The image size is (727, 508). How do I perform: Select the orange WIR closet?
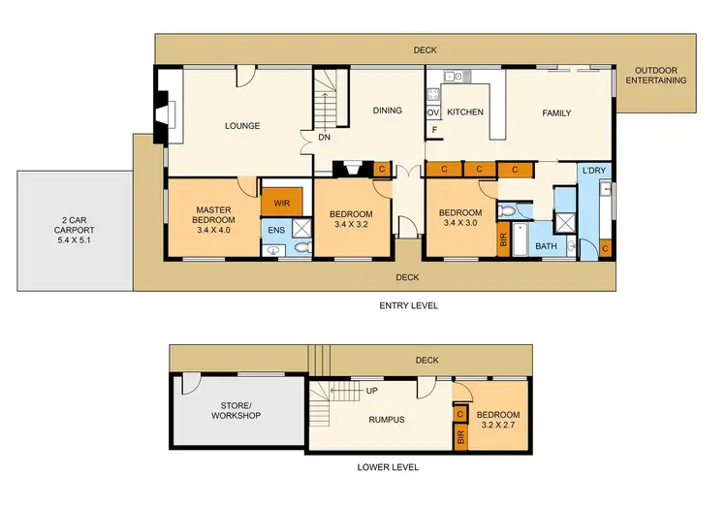tap(283, 204)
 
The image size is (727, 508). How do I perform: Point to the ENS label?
tap(275, 230)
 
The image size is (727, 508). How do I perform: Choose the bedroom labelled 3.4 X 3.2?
tap(350, 219)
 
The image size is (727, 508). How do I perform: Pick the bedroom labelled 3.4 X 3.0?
tap(459, 219)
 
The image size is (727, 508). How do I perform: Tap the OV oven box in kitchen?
tap(433, 112)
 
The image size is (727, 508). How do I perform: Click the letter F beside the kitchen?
tap(434, 130)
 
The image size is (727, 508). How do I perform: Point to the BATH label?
tap(547, 246)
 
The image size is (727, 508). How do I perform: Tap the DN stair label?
tap(323, 137)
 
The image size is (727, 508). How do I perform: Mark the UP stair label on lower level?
tap(371, 392)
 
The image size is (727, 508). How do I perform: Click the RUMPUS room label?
tap(385, 419)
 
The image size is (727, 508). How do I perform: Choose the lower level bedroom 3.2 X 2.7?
tap(500, 418)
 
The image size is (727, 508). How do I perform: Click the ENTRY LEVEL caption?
tap(408, 305)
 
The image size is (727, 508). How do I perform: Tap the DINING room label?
tap(388, 111)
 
